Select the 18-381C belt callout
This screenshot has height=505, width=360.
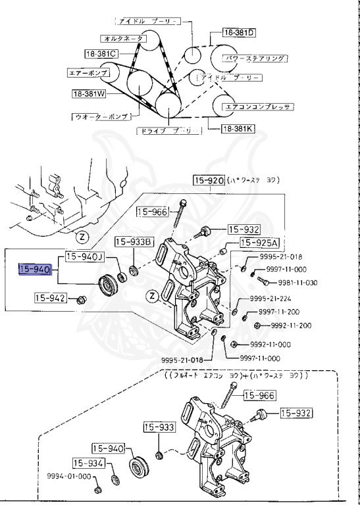click(x=101, y=53)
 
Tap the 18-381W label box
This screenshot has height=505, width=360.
click(x=90, y=93)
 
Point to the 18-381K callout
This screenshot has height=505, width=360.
click(x=238, y=130)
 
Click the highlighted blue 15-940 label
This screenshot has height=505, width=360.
click(x=36, y=269)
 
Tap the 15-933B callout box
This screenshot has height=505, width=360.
click(x=134, y=241)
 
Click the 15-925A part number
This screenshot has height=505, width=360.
click(x=258, y=243)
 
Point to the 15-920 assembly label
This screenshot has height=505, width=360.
click(x=209, y=179)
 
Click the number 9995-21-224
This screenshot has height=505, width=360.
click(x=271, y=299)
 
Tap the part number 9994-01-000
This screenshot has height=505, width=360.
click(x=68, y=476)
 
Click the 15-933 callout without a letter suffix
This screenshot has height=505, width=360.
click(x=158, y=428)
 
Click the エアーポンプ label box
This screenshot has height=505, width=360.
click(x=87, y=73)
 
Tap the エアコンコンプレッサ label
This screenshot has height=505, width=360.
click(x=257, y=105)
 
